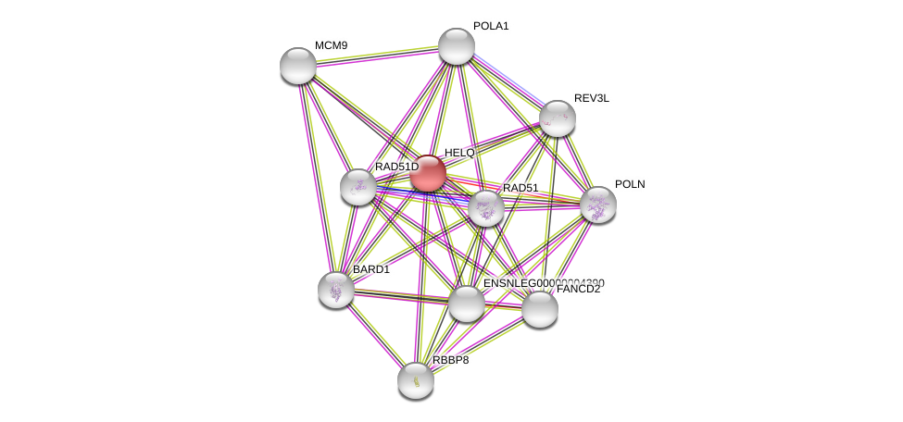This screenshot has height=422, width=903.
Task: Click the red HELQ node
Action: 428,173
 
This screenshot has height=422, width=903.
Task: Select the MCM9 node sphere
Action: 298,66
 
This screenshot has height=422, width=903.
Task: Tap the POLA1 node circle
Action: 457,46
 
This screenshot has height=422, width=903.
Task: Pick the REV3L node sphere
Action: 558,118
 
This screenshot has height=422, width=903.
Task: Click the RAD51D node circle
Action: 358,187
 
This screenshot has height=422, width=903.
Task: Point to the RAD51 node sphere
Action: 486,208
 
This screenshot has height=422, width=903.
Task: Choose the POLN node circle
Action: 598,205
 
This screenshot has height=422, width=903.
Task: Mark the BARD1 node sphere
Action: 336,290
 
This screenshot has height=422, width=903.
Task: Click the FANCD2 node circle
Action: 540,309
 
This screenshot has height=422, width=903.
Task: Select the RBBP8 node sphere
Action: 416,379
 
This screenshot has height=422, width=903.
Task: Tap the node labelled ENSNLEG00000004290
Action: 467,304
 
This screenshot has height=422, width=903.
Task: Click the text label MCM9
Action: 331,45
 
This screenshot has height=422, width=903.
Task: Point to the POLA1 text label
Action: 491,26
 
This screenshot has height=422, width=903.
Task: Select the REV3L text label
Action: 592,98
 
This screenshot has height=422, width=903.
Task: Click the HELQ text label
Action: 459,153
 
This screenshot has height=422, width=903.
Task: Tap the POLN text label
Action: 630,184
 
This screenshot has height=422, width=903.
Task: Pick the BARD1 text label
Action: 371,269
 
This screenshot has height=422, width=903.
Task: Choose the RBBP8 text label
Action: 451,360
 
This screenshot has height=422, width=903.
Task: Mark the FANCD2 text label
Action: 578,289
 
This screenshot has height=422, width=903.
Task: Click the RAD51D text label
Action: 396,167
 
